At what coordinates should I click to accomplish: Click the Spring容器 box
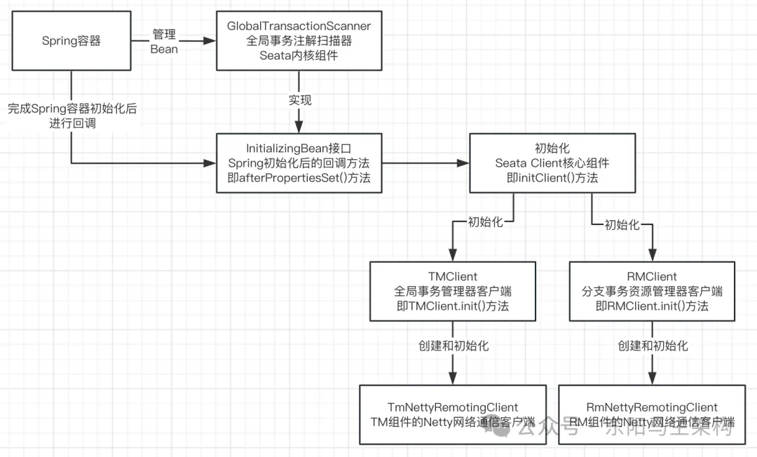(x=71, y=41)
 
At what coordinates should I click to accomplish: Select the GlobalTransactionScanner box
(x=299, y=41)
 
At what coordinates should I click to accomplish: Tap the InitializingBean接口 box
(x=299, y=163)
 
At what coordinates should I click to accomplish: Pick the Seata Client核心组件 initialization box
(x=552, y=163)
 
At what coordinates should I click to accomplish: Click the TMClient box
(x=453, y=292)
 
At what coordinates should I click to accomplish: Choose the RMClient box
(x=653, y=292)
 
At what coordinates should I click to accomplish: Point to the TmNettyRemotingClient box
(x=453, y=414)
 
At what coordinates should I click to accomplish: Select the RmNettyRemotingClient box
(x=652, y=414)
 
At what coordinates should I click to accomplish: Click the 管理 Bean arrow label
(x=164, y=41)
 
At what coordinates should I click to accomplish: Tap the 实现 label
(x=299, y=100)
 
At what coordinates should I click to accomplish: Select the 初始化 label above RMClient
(x=622, y=224)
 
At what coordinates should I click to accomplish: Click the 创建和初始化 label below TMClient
(x=453, y=346)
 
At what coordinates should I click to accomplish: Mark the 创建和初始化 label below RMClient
(x=653, y=346)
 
